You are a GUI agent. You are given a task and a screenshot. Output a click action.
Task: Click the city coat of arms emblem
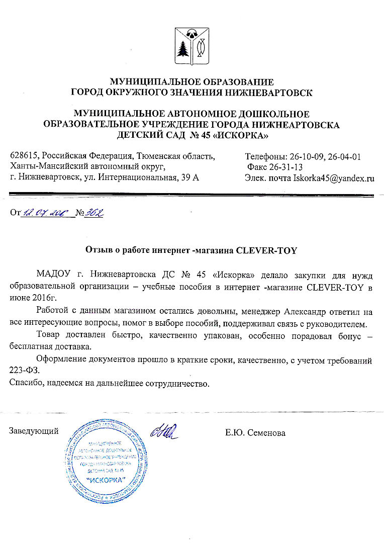pyautogui.click(x=191, y=45)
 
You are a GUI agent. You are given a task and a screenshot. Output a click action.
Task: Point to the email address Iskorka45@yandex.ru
pyautogui.click(x=334, y=177)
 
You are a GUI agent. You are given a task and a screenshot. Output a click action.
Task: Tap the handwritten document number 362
pyautogui.click(x=93, y=214)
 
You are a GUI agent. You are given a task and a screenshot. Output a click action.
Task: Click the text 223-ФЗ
pyautogui.click(x=24, y=371)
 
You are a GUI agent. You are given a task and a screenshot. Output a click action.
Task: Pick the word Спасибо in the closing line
pyautogui.click(x=26, y=384)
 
